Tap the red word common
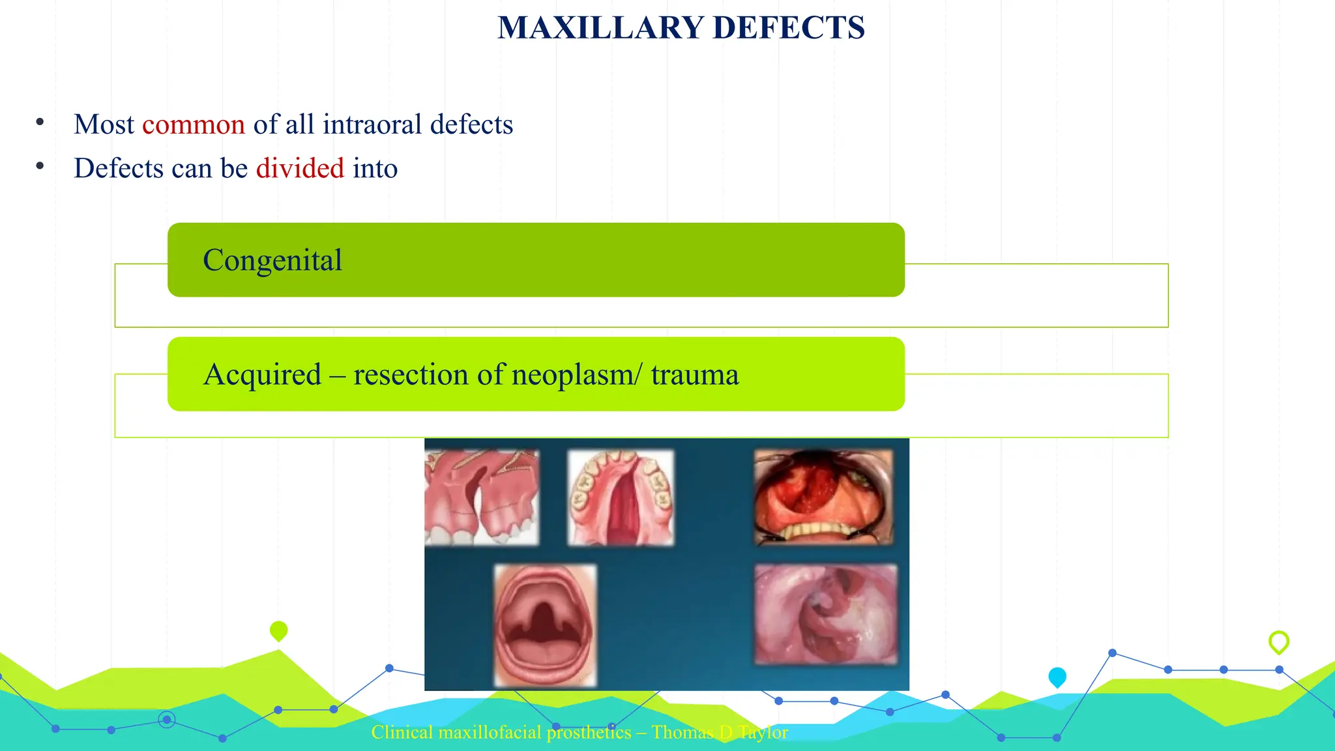[194, 125]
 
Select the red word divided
[300, 168]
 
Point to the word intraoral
[372, 125]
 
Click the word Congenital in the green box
[272, 260]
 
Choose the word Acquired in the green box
[262, 375]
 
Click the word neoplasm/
[577, 375]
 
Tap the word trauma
[695, 375]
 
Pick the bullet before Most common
[40, 122]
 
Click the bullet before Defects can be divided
[40, 166]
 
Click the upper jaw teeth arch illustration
[621, 497]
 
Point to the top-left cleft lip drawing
[482, 497]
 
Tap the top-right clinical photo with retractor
[823, 497]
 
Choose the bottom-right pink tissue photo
[825, 614]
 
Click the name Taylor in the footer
[763, 733]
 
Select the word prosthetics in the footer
[589, 733]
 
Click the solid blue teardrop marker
[1057, 677]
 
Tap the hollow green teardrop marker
[1279, 641]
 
